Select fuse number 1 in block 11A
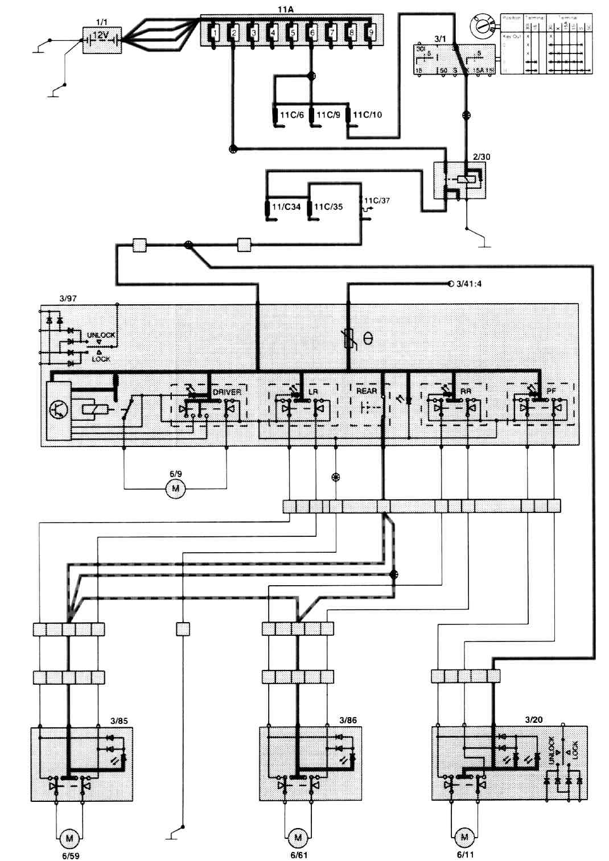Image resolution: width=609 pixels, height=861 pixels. [213, 32]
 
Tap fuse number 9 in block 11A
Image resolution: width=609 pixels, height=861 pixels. [371, 32]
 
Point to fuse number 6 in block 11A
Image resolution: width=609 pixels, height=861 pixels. [311, 32]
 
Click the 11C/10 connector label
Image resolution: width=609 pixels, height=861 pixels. [368, 115]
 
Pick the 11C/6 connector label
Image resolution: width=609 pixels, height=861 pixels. [291, 115]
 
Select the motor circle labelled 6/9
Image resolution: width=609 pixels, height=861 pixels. [175, 489]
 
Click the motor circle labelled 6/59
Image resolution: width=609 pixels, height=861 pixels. [69, 838]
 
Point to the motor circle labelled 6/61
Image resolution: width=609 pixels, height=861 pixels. [298, 838]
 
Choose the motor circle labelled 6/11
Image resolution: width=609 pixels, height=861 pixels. [464, 837]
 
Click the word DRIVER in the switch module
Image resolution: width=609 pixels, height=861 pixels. [227, 392]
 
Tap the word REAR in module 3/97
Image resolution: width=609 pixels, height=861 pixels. [367, 391]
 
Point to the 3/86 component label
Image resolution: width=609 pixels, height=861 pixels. [348, 720]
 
